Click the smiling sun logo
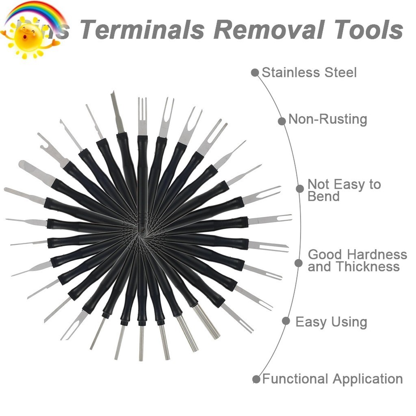click(28, 37)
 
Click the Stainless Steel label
click(309, 73)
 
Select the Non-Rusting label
click(327, 119)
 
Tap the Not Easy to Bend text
click(344, 190)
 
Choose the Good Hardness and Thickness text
click(357, 260)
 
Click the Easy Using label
click(331, 322)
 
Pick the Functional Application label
click(332, 379)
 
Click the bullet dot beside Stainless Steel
click(255, 73)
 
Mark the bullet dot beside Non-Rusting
click(282, 121)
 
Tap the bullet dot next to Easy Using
click(286, 321)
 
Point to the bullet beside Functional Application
click(256, 379)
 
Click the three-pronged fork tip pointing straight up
click(142, 116)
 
